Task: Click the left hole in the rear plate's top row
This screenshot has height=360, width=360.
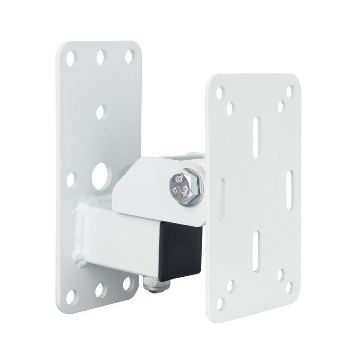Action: click(71, 58)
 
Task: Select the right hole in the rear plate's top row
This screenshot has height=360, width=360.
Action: click(129, 56)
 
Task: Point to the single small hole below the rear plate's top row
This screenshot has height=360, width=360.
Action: click(100, 111)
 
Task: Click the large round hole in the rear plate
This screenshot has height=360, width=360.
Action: click(101, 176)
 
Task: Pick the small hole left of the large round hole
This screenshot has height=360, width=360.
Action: click(71, 180)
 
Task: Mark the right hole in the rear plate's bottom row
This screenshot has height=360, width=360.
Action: click(127, 283)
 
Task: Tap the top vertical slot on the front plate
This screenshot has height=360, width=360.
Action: click(256, 138)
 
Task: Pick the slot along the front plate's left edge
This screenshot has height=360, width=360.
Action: click(221, 198)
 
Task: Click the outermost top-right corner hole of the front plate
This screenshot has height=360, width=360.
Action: click(290, 91)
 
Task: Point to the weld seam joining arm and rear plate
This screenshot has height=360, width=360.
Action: click(81, 234)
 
